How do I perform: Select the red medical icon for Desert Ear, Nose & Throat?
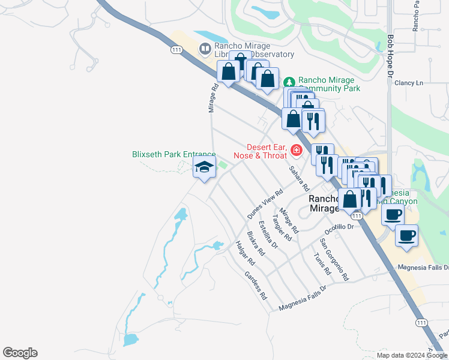tap(296, 149)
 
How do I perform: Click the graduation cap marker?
tap(204, 169)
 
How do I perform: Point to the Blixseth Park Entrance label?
tap(173, 154)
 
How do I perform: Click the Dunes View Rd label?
tap(265, 204)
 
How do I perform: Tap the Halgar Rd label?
tap(246, 253)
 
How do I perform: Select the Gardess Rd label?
tap(255, 286)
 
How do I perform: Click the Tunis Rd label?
tap(322, 263)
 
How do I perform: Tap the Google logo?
tap(20, 353)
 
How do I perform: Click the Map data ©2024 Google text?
tap(411, 355)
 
